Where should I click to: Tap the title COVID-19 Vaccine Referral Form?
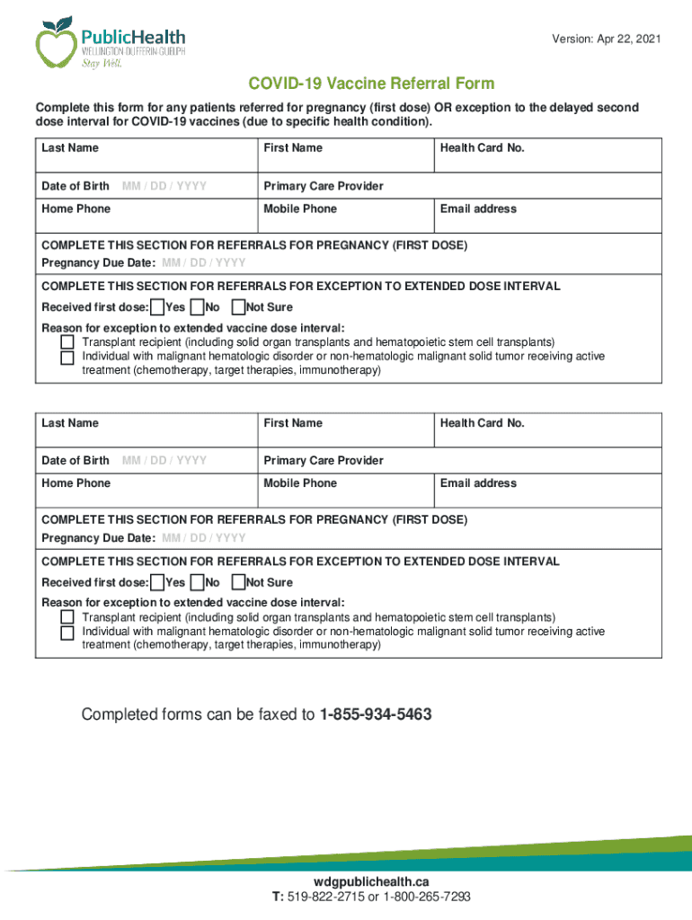(x=371, y=84)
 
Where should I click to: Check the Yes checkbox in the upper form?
(x=157, y=308)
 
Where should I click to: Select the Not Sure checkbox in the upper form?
(x=238, y=308)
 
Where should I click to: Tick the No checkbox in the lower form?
(x=199, y=582)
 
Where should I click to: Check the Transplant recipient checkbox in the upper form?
(x=67, y=342)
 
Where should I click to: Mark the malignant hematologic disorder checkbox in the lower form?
(x=67, y=632)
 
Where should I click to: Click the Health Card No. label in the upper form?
(x=482, y=148)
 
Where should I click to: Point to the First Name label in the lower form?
(x=293, y=423)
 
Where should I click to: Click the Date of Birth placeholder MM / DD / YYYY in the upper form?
(x=164, y=186)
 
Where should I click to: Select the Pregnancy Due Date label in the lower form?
(x=99, y=538)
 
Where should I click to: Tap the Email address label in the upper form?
(x=478, y=208)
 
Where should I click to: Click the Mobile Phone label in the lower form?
(x=300, y=483)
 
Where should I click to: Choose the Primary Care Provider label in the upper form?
(x=324, y=186)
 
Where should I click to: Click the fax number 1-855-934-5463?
(x=376, y=715)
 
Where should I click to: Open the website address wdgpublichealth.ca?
(x=371, y=881)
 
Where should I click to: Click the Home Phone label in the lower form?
(x=76, y=483)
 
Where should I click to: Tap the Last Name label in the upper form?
(x=70, y=148)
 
